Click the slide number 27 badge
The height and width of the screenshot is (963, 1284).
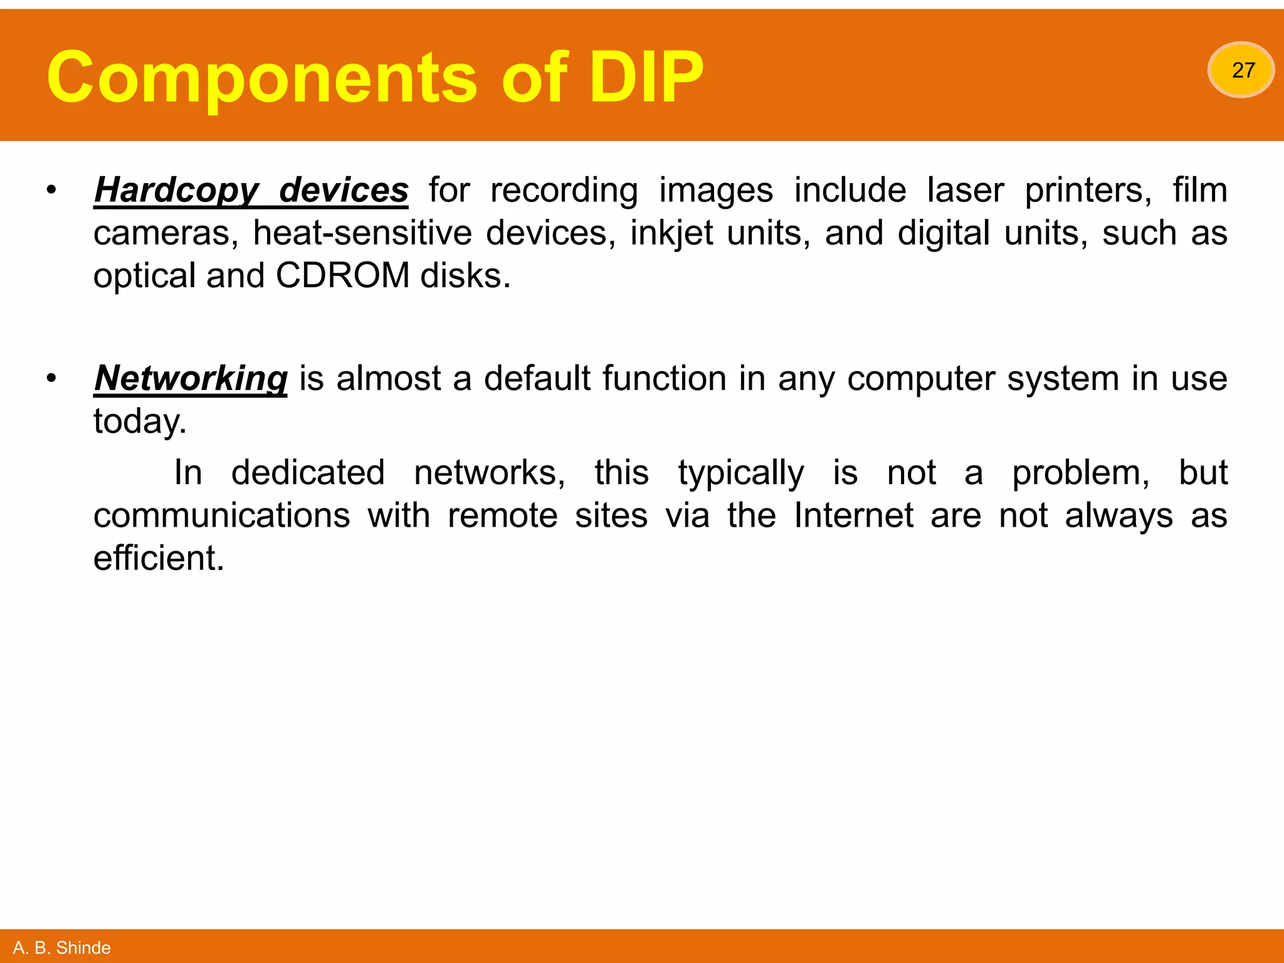(1241, 70)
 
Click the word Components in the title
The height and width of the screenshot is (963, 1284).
(261, 78)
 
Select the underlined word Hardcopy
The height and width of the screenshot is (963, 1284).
(176, 191)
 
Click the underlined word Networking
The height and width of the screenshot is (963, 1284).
(191, 379)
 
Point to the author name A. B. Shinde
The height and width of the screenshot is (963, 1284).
(61, 947)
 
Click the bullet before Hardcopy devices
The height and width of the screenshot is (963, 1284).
(51, 190)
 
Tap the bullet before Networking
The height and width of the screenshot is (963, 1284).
(51, 378)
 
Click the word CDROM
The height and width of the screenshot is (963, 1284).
(342, 276)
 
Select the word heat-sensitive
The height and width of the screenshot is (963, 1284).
(362, 233)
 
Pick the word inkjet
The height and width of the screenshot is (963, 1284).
(671, 233)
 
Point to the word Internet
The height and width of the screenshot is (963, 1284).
(853, 516)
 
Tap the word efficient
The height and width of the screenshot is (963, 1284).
(159, 559)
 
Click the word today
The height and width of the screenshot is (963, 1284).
(140, 421)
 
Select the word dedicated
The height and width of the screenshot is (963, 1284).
(308, 473)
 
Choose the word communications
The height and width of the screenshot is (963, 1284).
(222, 516)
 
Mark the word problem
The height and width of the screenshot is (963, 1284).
(1081, 473)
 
